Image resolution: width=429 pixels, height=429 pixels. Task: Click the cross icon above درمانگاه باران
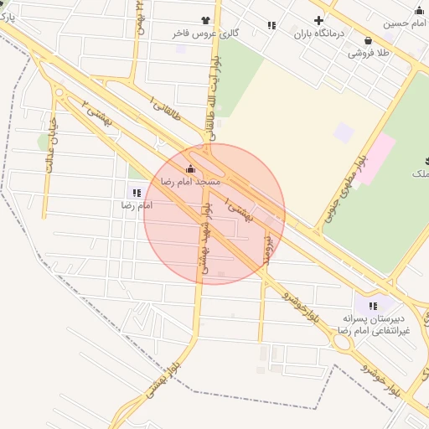[318, 20]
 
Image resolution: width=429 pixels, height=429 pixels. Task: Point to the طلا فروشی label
[370, 53]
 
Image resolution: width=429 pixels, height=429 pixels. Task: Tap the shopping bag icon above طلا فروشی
[369, 39]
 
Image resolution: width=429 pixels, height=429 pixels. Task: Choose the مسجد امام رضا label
[190, 181]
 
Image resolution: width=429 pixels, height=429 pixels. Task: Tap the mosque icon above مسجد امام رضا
[190, 168]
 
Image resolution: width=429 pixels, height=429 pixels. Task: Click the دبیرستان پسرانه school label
[374, 319]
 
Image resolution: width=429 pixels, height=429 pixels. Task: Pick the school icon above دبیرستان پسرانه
[373, 306]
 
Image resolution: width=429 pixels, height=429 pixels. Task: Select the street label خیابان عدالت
[52, 149]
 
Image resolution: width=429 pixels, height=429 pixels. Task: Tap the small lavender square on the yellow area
[344, 132]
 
